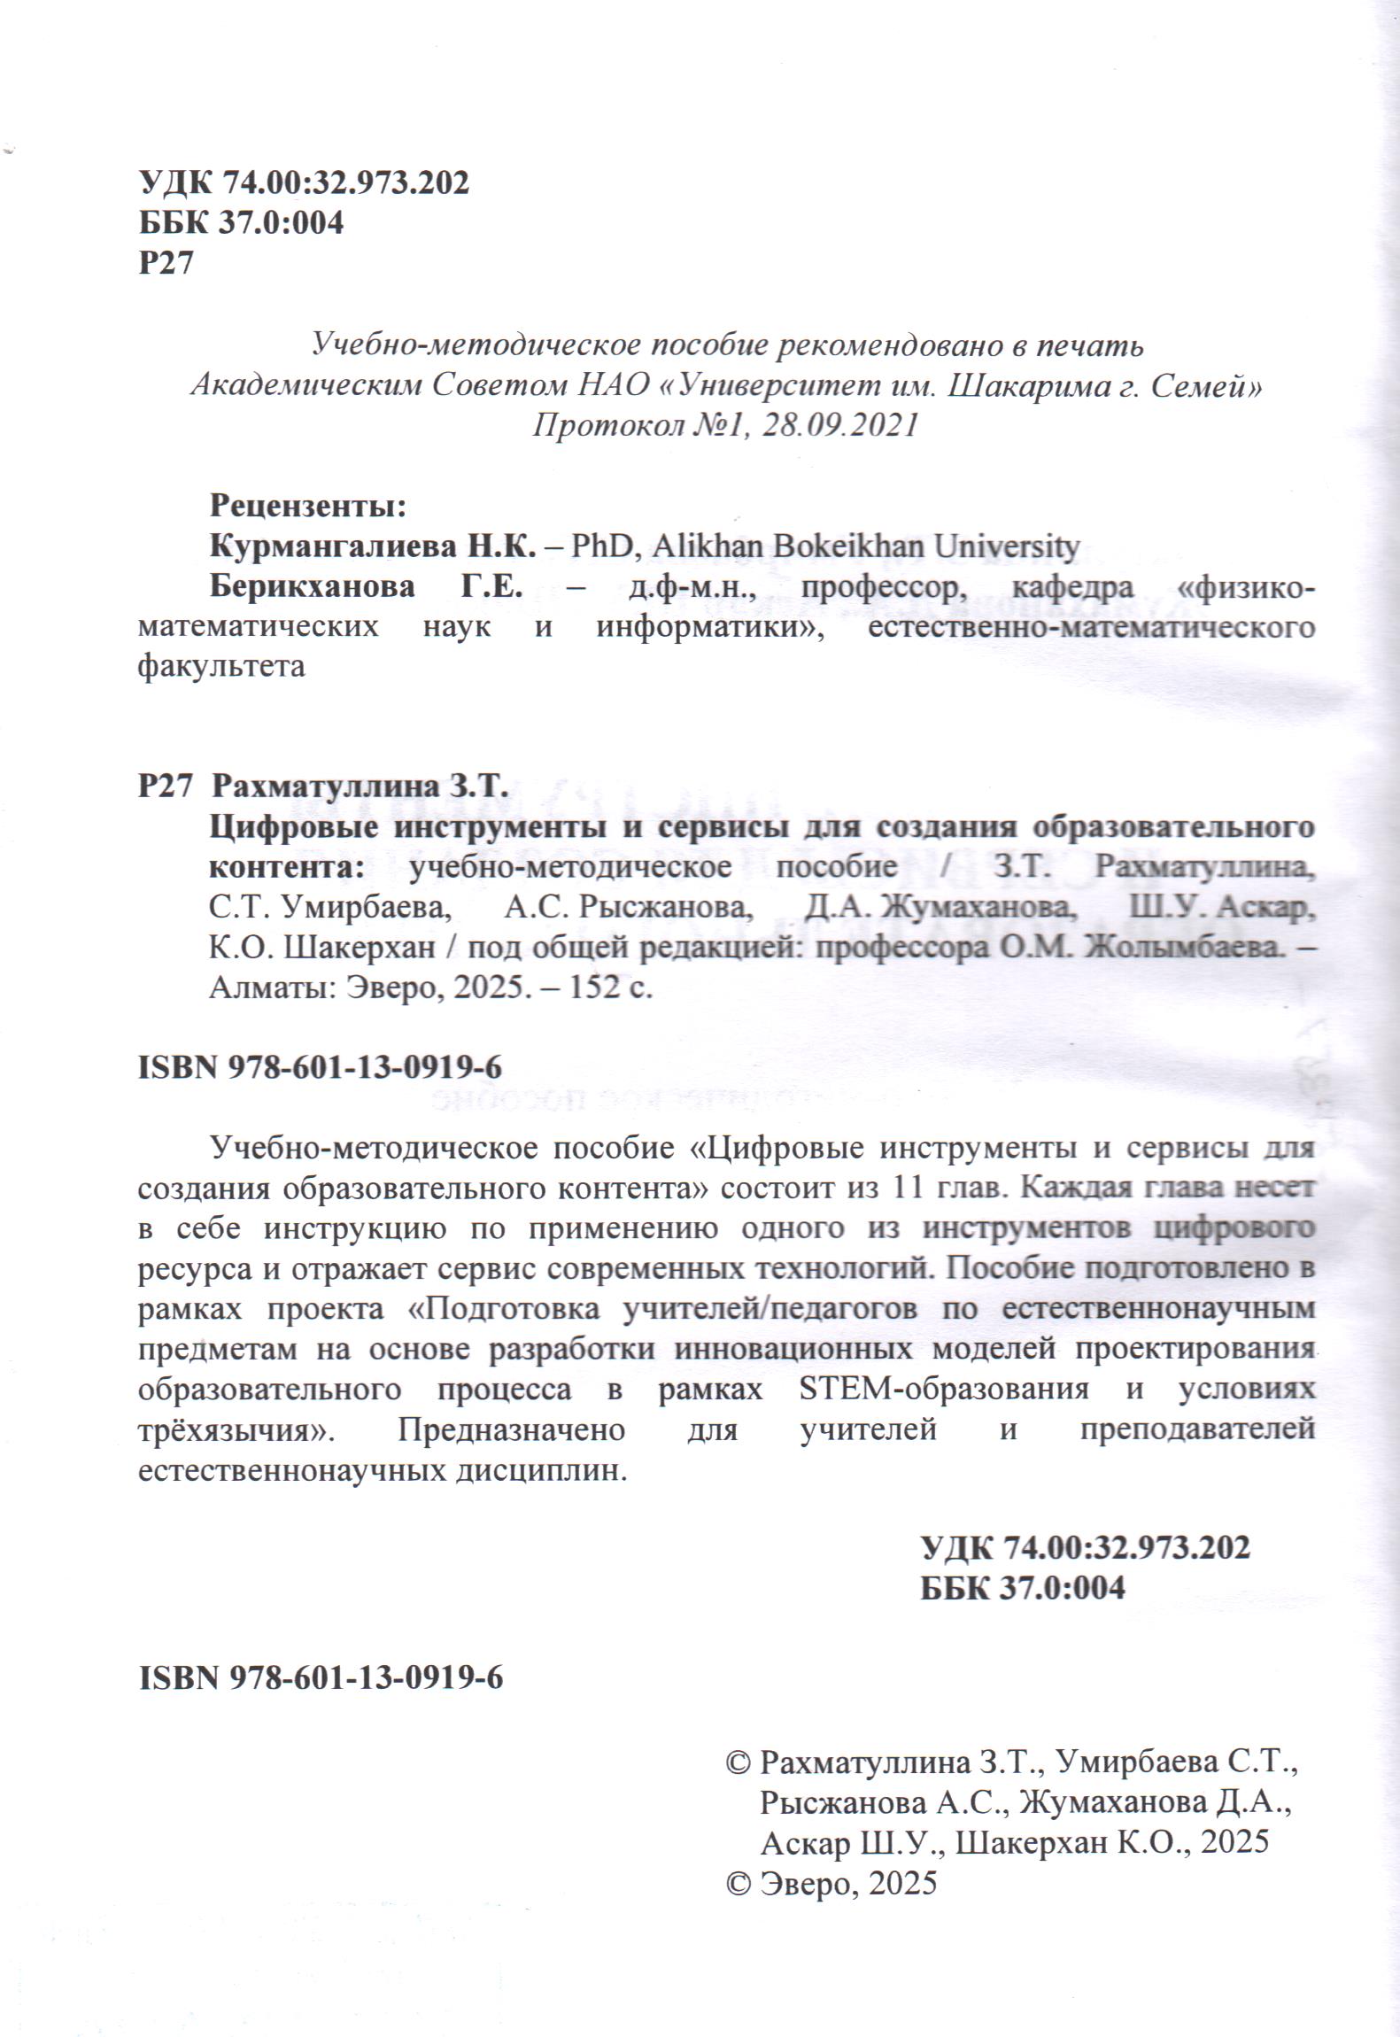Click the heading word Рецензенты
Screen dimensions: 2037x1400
coord(306,506)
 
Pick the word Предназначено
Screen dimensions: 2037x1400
coord(512,1429)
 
